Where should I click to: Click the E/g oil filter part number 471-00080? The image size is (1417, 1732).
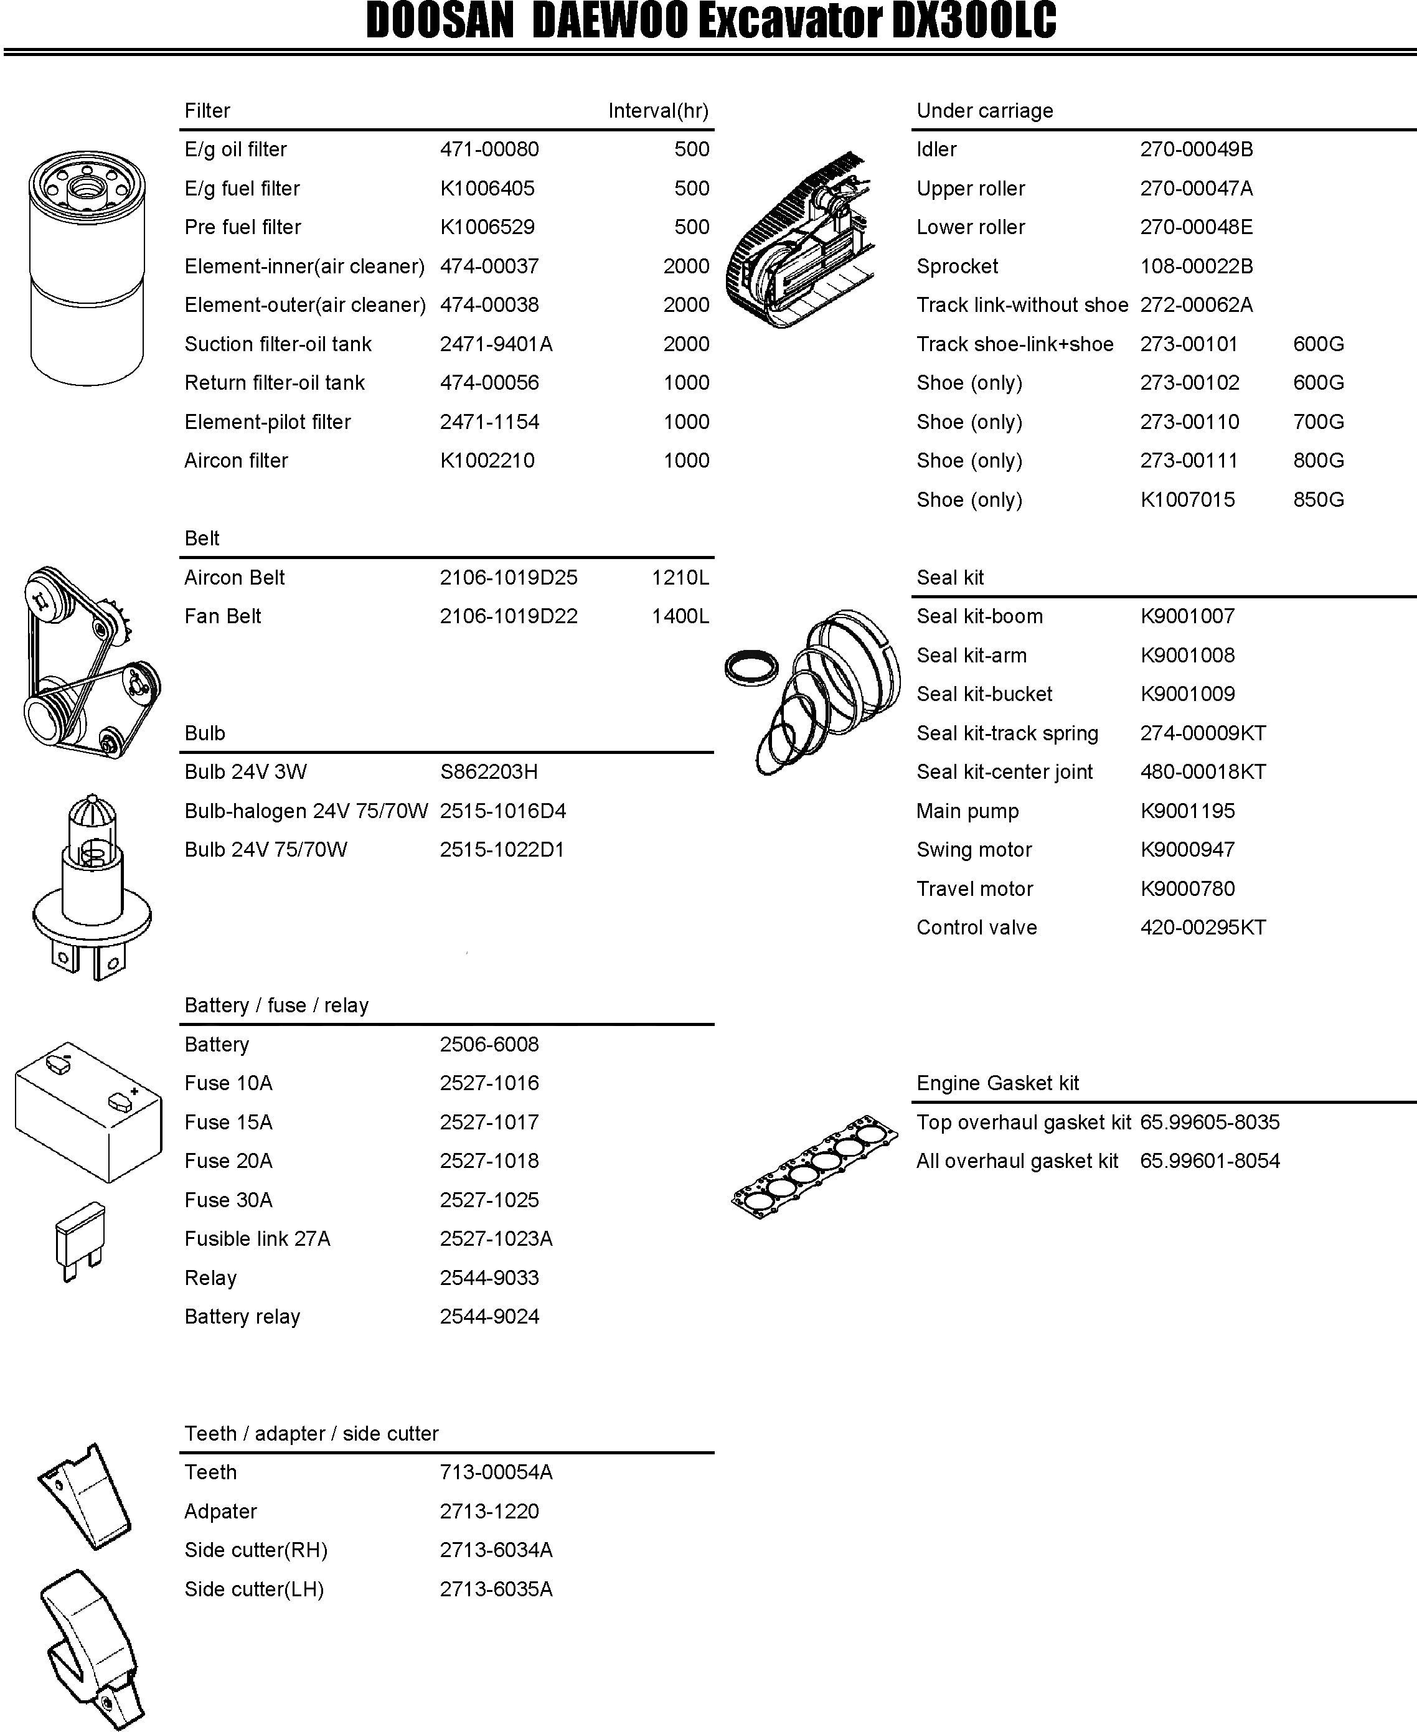click(489, 149)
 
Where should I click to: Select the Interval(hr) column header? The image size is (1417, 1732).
click(658, 111)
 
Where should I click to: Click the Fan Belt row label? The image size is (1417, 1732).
click(223, 616)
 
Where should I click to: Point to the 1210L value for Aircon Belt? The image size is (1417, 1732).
click(680, 578)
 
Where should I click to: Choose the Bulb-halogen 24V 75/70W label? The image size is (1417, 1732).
click(306, 811)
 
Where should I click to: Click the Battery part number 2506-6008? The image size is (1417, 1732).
click(489, 1045)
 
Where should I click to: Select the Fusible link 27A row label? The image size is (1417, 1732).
click(257, 1239)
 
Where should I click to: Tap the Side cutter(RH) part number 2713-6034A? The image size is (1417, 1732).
click(496, 1550)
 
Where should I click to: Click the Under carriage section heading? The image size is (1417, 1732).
click(984, 111)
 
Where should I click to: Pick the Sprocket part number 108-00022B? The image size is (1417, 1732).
click(1196, 267)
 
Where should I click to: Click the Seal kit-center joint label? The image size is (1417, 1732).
click(1004, 772)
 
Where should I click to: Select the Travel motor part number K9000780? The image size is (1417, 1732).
click(1187, 889)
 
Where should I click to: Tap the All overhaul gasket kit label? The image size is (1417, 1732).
click(1017, 1162)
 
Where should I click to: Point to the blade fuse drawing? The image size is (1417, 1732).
click(79, 1240)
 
